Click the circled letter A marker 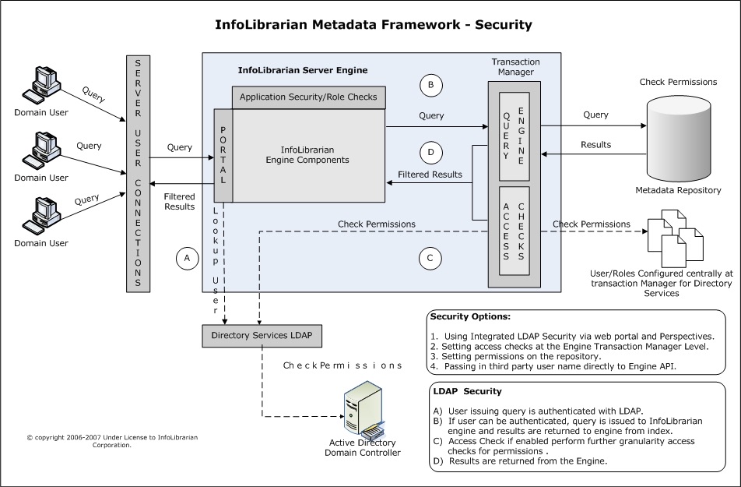(187, 259)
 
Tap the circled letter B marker (430, 85)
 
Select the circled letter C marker (430, 259)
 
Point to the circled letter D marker (430, 153)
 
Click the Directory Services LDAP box (262, 336)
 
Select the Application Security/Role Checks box (308, 97)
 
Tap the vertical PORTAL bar (223, 156)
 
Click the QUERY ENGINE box (514, 136)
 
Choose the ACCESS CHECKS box (514, 231)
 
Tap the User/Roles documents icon (676, 238)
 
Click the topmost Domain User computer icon (41, 85)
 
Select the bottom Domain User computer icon (41, 216)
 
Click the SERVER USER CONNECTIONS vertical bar (138, 174)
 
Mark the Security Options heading (470, 316)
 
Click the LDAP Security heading (467, 391)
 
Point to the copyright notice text (112, 441)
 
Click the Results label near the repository (596, 145)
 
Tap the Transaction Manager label (515, 67)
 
